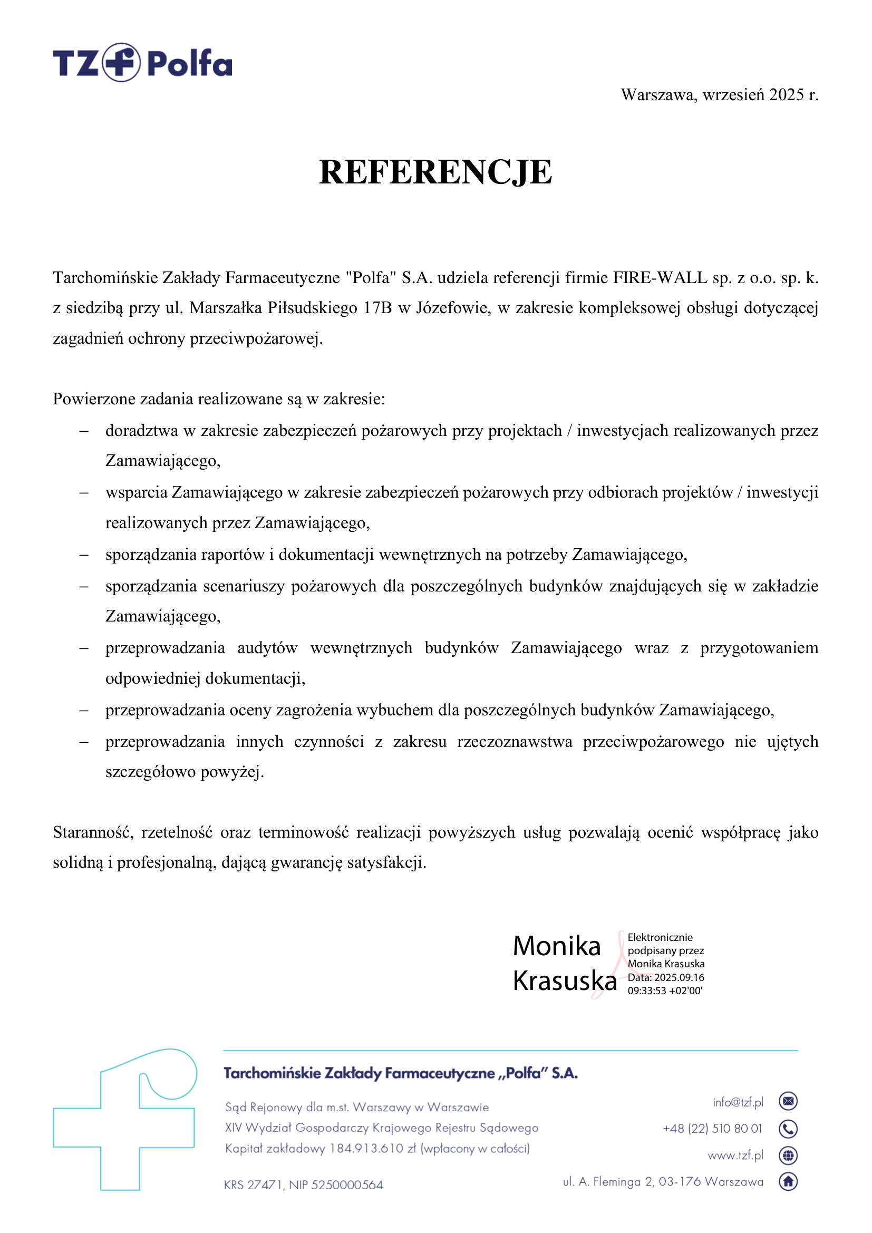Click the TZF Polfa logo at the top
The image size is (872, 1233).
pos(142,63)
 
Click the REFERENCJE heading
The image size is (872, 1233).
pos(435,173)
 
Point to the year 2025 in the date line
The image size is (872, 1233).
pos(786,95)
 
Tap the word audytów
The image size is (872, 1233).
pos(267,648)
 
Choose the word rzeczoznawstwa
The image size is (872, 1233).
pos(515,742)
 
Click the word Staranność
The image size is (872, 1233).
pos(93,832)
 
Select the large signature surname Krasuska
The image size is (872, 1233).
pos(564,981)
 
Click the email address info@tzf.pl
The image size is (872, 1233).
pos(737,1102)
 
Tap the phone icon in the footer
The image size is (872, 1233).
pos(788,1129)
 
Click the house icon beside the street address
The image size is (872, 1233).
pos(788,1181)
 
